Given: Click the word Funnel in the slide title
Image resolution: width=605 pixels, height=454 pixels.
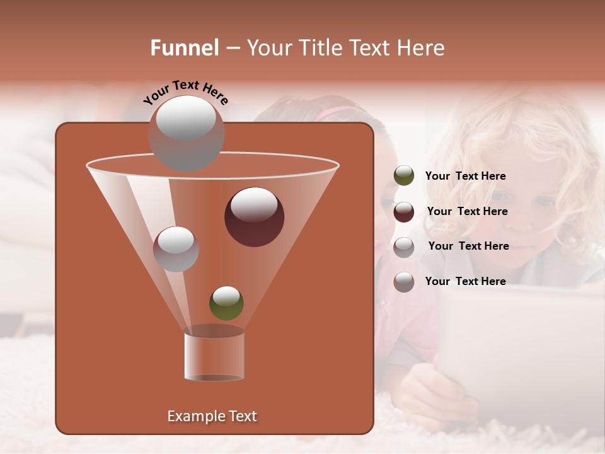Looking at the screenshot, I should (184, 48).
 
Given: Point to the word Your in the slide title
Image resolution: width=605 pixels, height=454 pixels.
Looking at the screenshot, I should (266, 48).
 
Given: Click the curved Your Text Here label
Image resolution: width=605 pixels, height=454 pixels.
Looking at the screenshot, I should (185, 91).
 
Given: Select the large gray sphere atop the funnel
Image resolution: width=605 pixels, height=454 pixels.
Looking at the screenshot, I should (186, 133).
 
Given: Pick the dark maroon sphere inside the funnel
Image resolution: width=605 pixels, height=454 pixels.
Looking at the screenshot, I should (254, 216).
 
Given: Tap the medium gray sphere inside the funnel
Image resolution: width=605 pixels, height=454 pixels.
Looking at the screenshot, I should (176, 249).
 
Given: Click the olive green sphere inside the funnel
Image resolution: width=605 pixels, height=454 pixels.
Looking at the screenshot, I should (226, 303).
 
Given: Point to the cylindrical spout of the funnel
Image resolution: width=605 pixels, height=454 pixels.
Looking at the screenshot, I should (214, 354).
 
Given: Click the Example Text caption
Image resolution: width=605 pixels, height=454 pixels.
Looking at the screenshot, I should (212, 416).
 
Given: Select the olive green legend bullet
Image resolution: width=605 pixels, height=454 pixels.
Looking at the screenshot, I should (404, 176).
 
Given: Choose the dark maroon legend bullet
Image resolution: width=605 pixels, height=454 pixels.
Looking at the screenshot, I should (404, 212).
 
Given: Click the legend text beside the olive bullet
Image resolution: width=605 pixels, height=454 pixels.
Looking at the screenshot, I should (465, 176).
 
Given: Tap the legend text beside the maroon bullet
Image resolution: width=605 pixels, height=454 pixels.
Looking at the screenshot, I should (467, 211).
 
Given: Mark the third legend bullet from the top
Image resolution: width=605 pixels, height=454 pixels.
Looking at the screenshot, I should (404, 247).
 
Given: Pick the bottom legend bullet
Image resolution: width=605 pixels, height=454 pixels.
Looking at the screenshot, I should (404, 282).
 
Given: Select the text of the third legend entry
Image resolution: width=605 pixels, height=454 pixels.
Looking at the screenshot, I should (468, 246).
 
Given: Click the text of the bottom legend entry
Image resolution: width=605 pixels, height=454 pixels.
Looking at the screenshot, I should (465, 281).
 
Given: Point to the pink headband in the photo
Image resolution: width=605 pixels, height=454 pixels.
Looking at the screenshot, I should (337, 113).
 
